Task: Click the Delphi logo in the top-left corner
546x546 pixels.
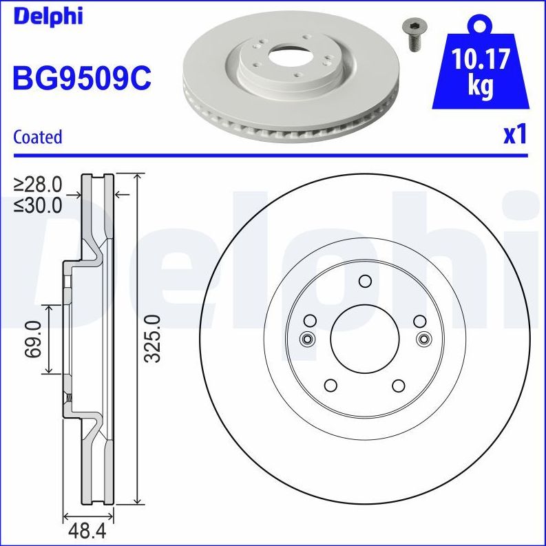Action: pyautogui.click(x=47, y=15)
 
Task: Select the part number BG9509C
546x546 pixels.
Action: pyautogui.click(x=81, y=78)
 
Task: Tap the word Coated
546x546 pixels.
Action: pyautogui.click(x=38, y=137)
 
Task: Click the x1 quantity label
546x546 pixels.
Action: pyautogui.click(x=514, y=135)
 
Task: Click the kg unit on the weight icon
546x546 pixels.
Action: pyautogui.click(x=480, y=87)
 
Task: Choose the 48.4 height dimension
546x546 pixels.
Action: pyautogui.click(x=87, y=532)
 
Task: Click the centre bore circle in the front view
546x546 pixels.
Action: pyautogui.click(x=365, y=338)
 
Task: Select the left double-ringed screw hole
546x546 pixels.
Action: pyautogui.click(x=307, y=338)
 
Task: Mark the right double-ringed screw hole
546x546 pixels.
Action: pyautogui.click(x=423, y=338)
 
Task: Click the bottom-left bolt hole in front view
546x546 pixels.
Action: pyautogui.click(x=330, y=385)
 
